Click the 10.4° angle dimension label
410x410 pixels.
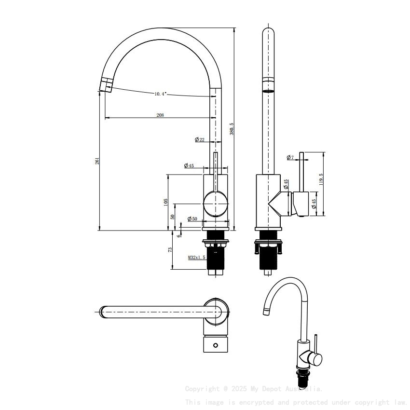coord(161,94)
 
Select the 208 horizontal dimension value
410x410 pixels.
coord(160,115)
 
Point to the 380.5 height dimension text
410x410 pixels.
coord(232,128)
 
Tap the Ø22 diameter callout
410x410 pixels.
coord(200,139)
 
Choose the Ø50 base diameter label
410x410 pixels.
coord(192,219)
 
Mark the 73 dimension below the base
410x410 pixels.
coord(170,249)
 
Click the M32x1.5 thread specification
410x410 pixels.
coord(197,258)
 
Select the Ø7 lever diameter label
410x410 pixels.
coord(290,158)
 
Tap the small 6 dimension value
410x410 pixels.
coord(179,235)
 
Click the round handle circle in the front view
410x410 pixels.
coord(215,204)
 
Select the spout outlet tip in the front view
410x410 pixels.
coord(105,86)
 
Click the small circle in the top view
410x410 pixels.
coord(216,345)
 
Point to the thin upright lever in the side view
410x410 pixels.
coord(301,172)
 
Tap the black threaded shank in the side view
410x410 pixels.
coord(268,258)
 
